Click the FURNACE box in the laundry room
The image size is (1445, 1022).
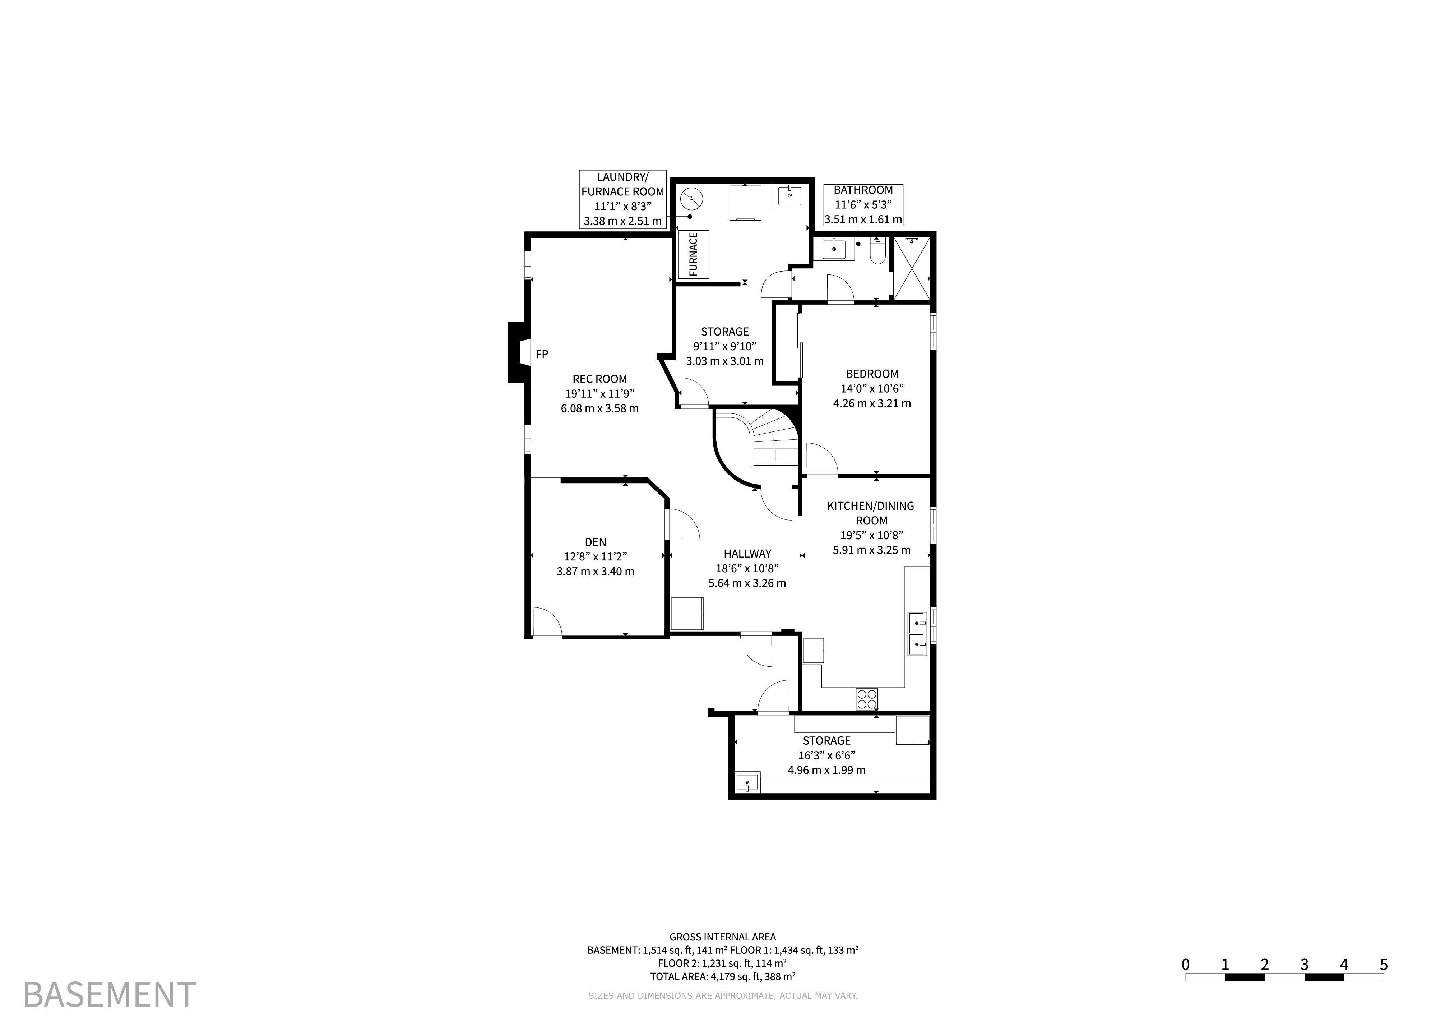click(x=693, y=254)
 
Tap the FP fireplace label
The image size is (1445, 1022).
click(x=542, y=354)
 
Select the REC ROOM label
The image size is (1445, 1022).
click(x=600, y=379)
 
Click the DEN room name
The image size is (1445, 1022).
click(x=596, y=542)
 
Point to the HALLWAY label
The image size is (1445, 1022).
click(x=747, y=554)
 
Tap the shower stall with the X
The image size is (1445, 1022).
click(x=912, y=268)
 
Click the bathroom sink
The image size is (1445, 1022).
click(x=834, y=249)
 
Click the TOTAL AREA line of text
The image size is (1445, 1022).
click(x=723, y=977)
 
